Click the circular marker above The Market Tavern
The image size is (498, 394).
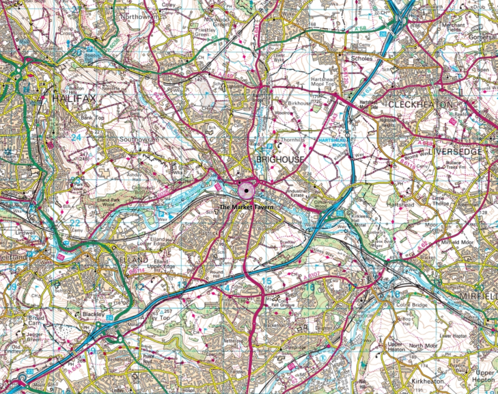click(x=246, y=190)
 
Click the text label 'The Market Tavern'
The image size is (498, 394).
click(x=246, y=207)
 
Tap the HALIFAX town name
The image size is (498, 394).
click(x=72, y=100)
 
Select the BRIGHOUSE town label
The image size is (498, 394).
click(x=279, y=159)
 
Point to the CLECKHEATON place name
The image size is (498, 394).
click(x=420, y=104)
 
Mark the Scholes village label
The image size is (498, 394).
click(x=361, y=59)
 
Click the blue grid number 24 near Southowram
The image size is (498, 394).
click(x=76, y=137)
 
